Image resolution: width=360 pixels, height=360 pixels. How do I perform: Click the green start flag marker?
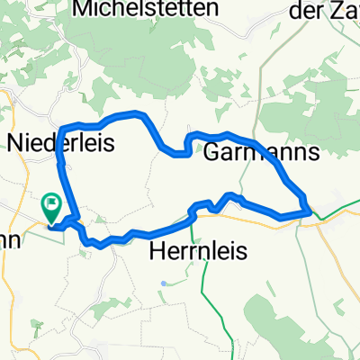point(51,208)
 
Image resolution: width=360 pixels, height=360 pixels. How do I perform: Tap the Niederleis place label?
point(60,142)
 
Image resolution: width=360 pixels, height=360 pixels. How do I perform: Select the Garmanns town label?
point(261,152)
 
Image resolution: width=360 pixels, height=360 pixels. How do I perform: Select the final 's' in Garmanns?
point(312,153)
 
